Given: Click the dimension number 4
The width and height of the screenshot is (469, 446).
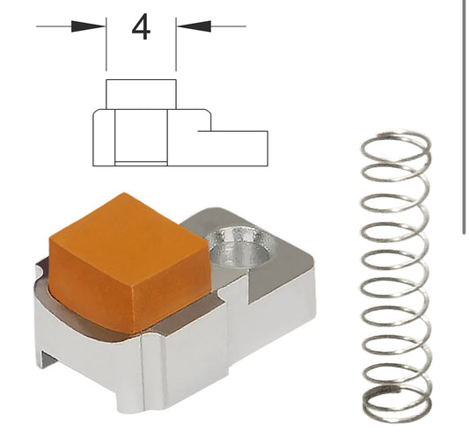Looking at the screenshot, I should [141, 27].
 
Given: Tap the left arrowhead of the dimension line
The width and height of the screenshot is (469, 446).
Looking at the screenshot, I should [92, 26].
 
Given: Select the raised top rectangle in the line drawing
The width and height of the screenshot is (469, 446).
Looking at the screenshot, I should [141, 93].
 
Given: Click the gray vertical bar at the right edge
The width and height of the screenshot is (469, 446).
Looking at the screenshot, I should [464, 114].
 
